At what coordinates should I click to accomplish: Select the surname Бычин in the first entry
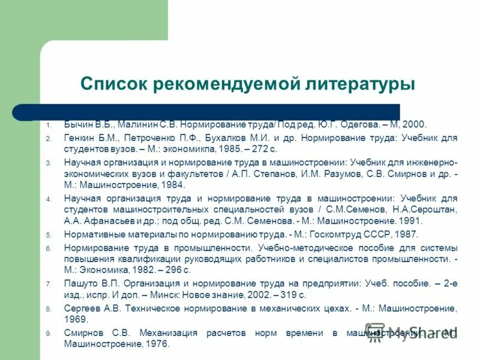pyautogui.click(x=79, y=125)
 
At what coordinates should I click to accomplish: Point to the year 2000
pyautogui.click(x=415, y=125)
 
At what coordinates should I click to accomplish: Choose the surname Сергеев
pyautogui.click(x=82, y=308)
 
